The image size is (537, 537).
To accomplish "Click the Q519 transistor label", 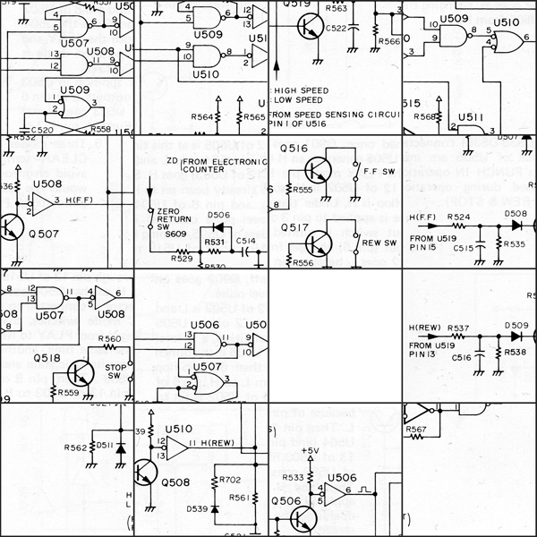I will click(x=300, y=4).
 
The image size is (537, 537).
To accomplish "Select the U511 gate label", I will click(x=472, y=116).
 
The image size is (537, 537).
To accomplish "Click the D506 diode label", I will click(x=219, y=216).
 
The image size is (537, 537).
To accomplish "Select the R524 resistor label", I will click(x=458, y=217).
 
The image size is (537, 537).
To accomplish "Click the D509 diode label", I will click(x=516, y=326).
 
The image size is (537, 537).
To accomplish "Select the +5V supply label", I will click(x=310, y=450).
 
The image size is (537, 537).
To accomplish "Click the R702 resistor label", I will click(x=230, y=481).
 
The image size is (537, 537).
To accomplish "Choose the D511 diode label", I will click(x=105, y=445).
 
